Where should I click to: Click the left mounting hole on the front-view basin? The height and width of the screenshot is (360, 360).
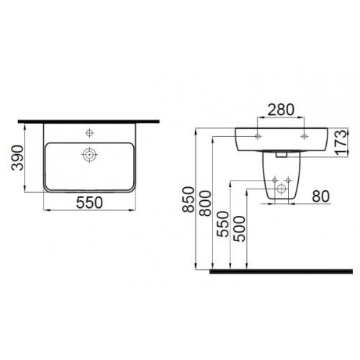[x=257, y=135]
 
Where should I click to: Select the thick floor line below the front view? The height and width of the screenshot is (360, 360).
[x=281, y=272]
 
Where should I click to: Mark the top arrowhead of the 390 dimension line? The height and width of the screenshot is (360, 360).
[x=26, y=125]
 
